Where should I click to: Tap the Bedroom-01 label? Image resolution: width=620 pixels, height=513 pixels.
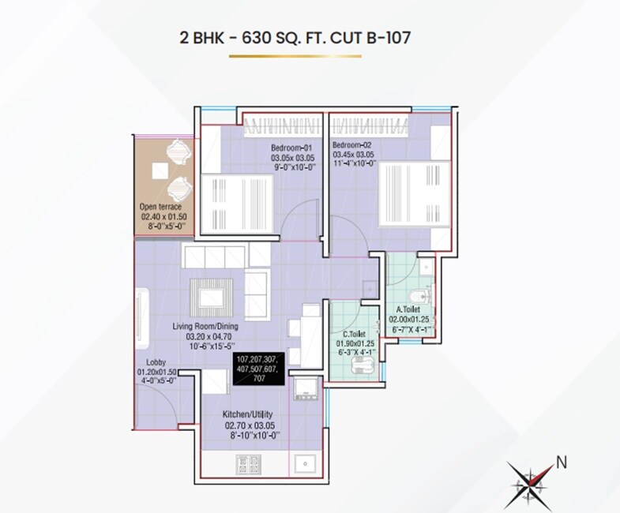[x=291, y=148]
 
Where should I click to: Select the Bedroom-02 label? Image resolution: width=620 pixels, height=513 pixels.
[x=351, y=145]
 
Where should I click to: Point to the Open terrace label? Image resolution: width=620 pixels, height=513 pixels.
[x=160, y=207]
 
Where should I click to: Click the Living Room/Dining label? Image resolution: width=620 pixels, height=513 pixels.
[x=205, y=324]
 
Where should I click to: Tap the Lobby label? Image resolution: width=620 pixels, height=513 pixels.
[x=155, y=362]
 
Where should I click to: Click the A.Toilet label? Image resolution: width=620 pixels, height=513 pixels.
[x=408, y=310]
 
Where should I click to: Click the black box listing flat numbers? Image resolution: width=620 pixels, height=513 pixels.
[x=259, y=369]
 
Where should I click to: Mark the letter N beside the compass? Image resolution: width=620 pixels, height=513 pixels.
[x=562, y=463]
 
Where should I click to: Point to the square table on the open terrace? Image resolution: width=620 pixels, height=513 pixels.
[x=160, y=168]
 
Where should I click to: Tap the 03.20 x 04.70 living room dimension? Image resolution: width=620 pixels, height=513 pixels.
[x=206, y=335]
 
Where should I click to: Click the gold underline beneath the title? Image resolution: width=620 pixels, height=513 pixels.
[x=294, y=57]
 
